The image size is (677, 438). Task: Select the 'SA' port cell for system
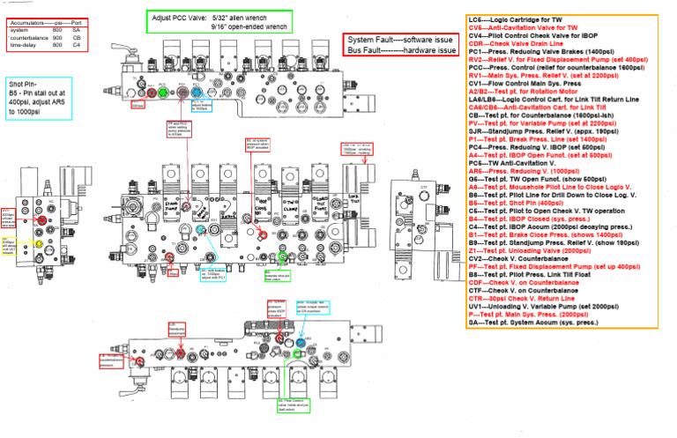coord(77,31)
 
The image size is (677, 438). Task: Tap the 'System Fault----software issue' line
coord(401,41)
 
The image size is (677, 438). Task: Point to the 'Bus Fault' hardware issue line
coord(401,51)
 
